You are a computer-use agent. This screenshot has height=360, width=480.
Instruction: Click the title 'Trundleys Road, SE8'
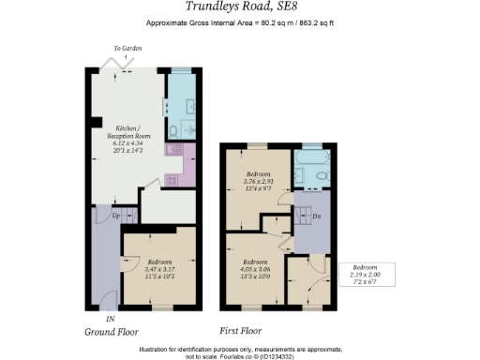click(x=241, y=7)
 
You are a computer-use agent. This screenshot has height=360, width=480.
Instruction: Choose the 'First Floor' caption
click(x=241, y=331)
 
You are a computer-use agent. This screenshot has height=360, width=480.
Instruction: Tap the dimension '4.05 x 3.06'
click(x=256, y=268)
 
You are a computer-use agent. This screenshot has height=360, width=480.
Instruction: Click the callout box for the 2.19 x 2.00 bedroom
click(x=366, y=276)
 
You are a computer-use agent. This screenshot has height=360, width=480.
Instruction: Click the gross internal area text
click(x=241, y=22)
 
